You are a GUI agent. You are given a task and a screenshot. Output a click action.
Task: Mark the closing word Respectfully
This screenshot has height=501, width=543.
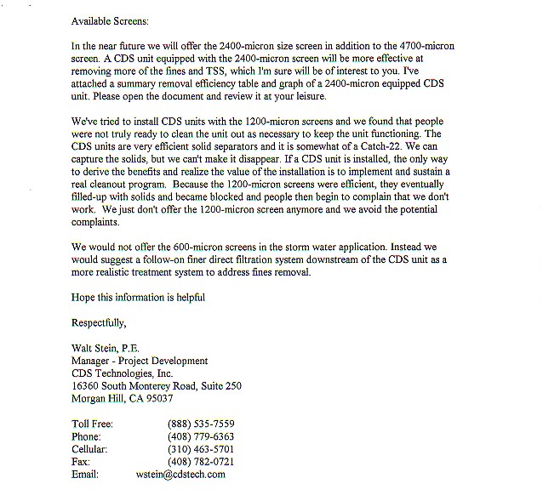[x=99, y=322]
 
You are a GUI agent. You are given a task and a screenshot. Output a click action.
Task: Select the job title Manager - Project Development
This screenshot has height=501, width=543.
[x=140, y=361]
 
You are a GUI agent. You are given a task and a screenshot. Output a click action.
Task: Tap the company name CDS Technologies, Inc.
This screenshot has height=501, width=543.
[x=123, y=373]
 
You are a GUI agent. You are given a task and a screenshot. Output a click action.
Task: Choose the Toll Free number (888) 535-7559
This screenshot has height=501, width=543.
[x=201, y=424]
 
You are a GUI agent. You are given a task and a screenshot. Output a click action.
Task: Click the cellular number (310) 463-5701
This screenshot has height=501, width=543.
[x=201, y=448]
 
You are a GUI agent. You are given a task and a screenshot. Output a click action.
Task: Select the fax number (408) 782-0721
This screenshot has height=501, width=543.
[x=201, y=461]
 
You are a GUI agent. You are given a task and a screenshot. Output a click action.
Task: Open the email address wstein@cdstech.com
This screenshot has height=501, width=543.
[x=180, y=474]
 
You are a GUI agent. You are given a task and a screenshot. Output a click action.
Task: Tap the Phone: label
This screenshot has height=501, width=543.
[x=89, y=436]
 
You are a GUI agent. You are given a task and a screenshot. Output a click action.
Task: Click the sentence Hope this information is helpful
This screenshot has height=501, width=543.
[x=138, y=297]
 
